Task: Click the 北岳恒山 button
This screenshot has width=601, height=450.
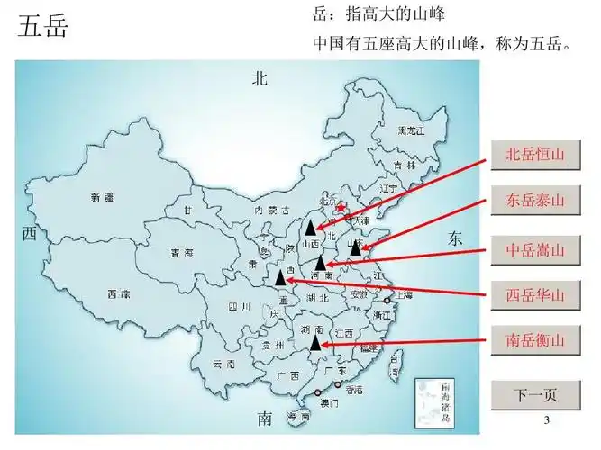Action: click(535, 154)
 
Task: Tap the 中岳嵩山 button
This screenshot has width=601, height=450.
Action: click(535, 248)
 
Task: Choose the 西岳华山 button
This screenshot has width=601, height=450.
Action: click(535, 294)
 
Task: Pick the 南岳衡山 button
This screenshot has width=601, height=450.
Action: click(535, 340)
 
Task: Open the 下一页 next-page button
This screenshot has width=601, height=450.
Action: click(535, 394)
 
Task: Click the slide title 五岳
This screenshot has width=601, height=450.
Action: click(42, 26)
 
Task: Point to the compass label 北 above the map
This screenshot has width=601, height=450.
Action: click(260, 79)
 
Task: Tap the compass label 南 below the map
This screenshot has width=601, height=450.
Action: click(264, 418)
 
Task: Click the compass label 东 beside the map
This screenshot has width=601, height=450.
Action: click(454, 238)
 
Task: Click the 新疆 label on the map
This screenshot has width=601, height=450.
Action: click(102, 196)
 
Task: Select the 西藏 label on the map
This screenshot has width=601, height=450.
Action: click(118, 293)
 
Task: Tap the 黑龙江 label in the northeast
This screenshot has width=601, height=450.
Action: click(411, 131)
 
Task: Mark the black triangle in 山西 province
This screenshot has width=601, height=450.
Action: click(310, 228)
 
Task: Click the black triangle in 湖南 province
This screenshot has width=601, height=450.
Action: click(314, 341)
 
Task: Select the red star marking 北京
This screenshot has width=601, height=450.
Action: click(341, 209)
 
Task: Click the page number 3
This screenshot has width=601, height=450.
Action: click(547, 422)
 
